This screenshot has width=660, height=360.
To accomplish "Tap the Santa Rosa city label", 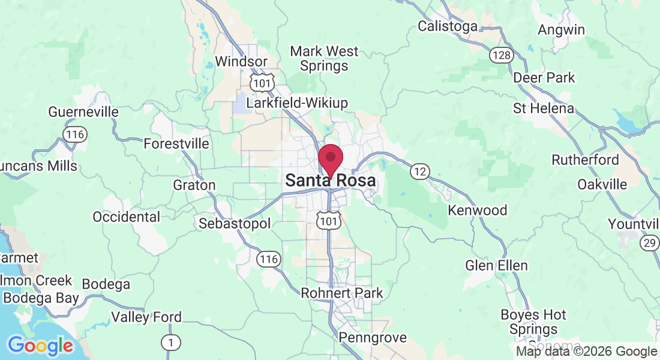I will point(331,181).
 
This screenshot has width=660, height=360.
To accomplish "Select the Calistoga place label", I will point(448,26).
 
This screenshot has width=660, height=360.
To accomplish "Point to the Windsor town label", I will point(241,61).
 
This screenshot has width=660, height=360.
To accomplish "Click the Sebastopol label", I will point(235,224).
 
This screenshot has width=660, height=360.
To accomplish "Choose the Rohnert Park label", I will point(342,293).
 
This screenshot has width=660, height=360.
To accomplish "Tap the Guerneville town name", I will point(83,112).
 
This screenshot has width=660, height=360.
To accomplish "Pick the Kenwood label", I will point(478,211).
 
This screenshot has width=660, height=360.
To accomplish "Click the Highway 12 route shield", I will point(420,172).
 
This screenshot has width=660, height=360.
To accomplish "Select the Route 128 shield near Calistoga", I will point(500,56).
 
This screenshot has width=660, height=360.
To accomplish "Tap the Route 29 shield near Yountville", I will point(648,243).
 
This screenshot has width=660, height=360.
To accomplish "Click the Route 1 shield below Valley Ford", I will point(171,342).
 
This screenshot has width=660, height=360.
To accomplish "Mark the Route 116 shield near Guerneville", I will point(76,134).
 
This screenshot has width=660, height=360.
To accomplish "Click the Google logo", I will point(40,346).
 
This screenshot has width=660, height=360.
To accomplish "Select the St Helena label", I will point(544,109).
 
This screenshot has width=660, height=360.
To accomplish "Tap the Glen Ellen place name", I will point(497,265).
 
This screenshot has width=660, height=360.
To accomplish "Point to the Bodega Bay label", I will point(41,298).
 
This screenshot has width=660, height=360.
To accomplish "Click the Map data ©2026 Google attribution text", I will point(587,352).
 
